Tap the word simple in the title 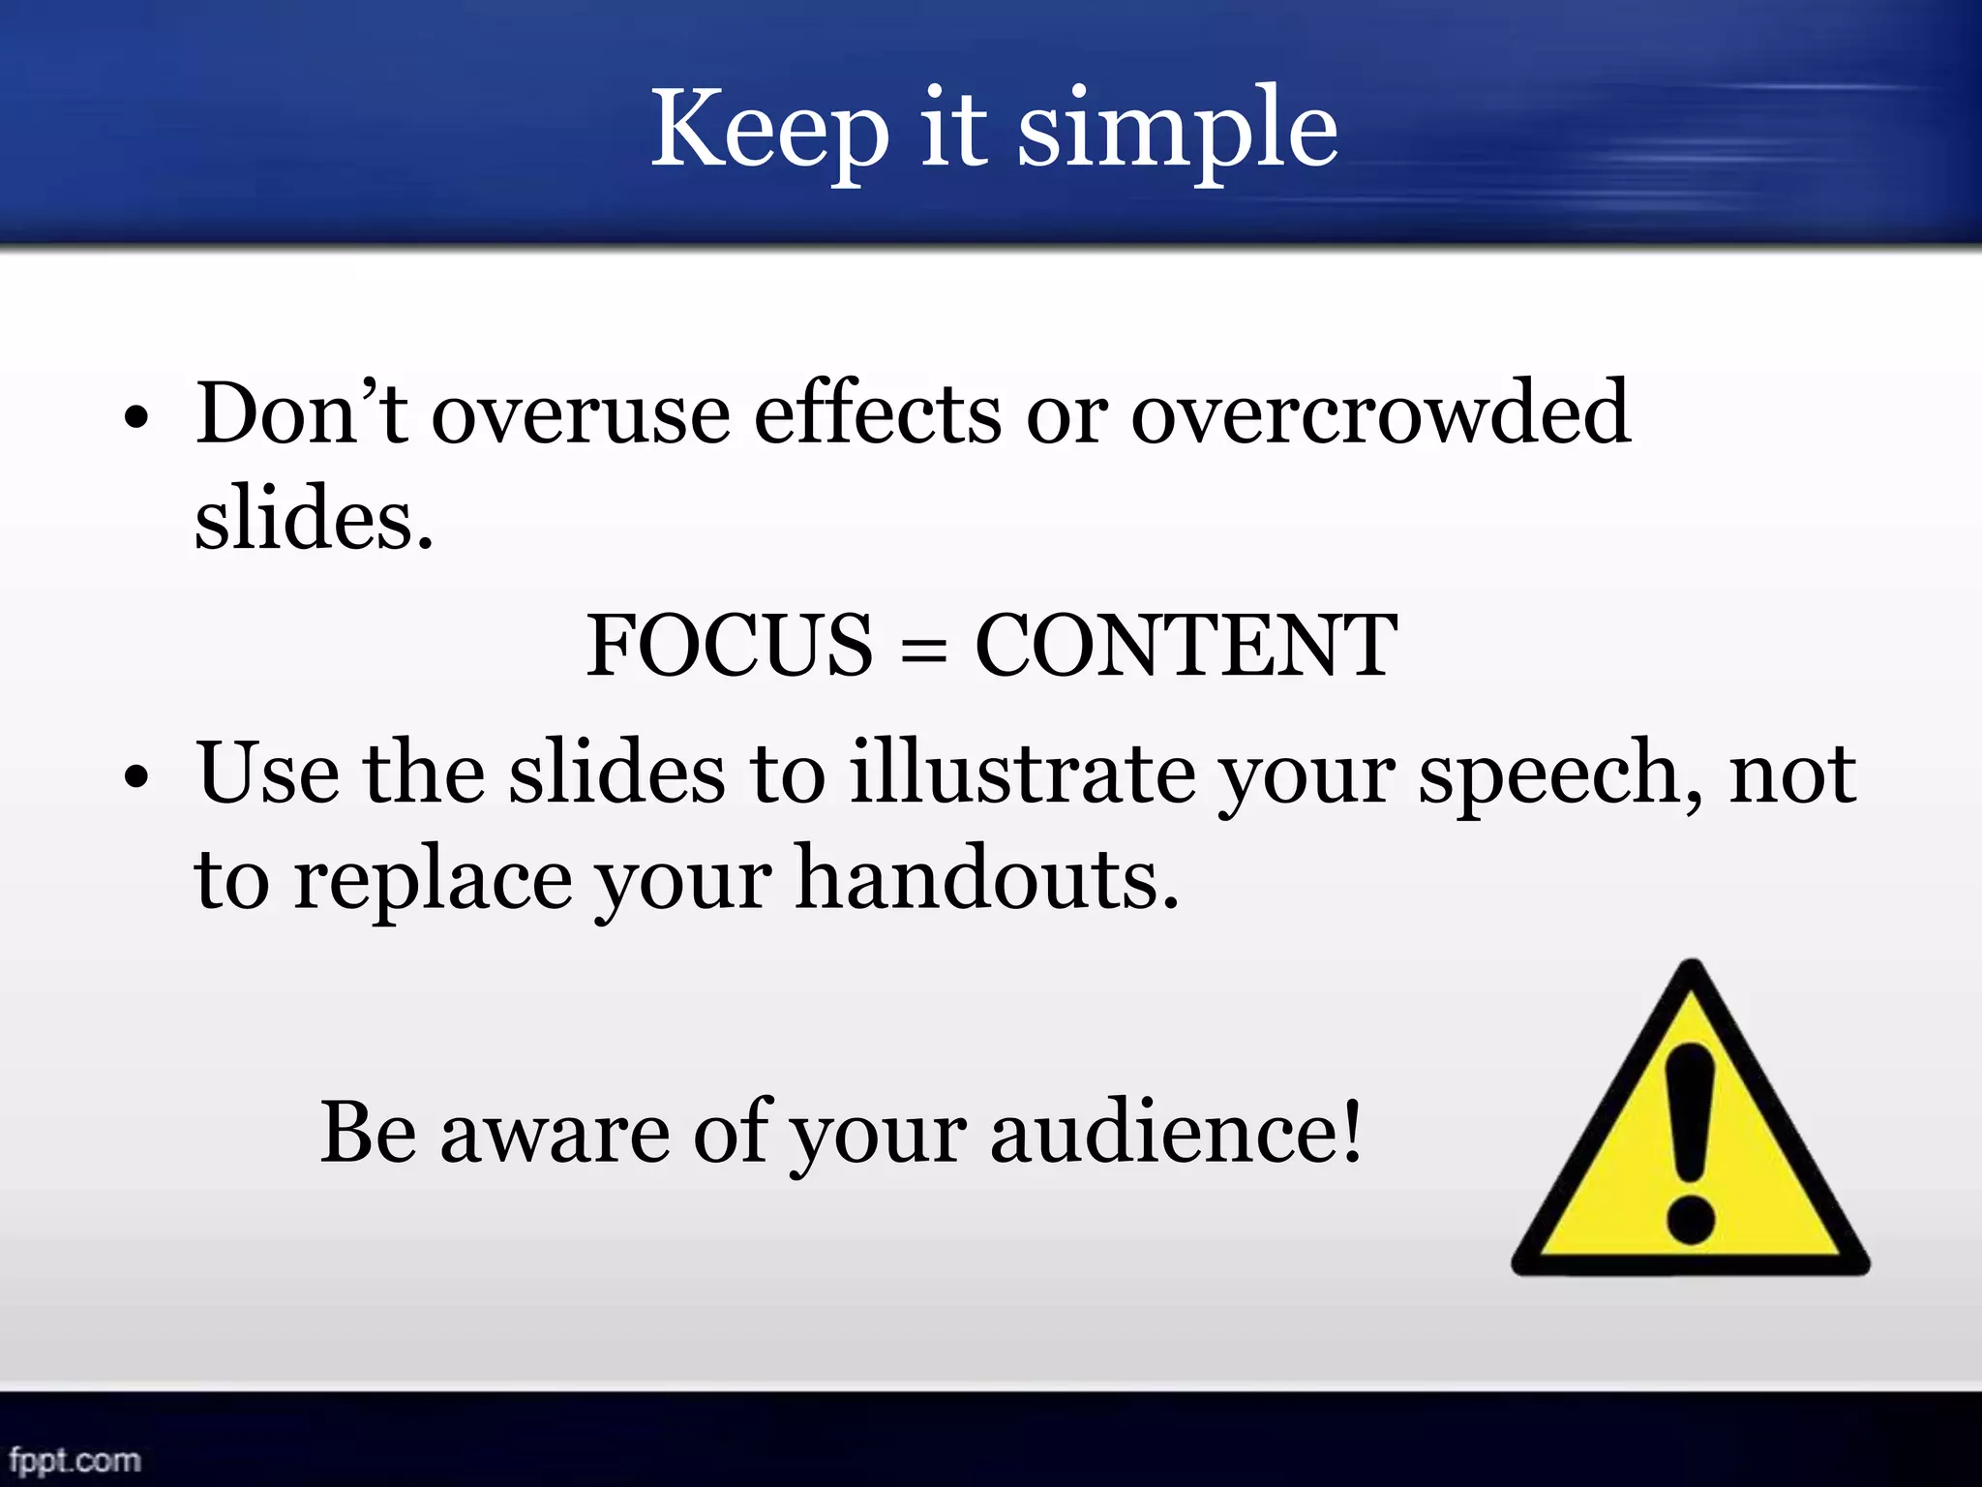point(1178,131)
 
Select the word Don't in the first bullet point(300,414)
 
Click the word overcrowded point(1380,414)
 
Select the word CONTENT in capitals point(1186,646)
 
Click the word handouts point(987,879)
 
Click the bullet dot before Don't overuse point(136,418)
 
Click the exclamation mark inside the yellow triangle point(1691,1113)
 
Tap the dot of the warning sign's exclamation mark point(1691,1217)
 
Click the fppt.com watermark point(75,1459)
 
